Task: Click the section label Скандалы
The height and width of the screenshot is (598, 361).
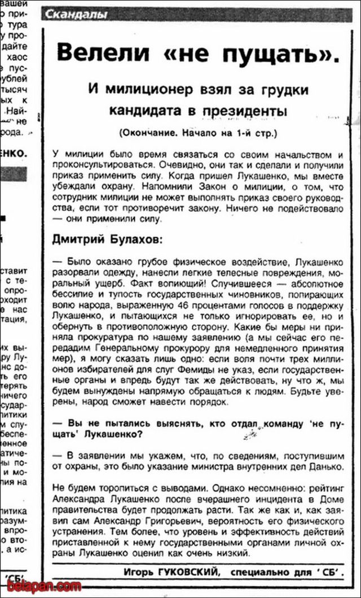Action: [75, 15]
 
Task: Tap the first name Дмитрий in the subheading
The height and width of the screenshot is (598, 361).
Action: [75, 239]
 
